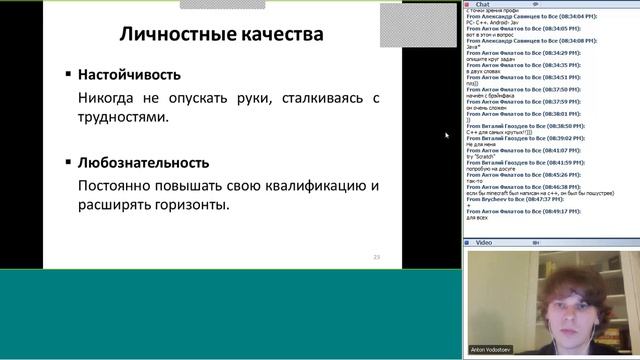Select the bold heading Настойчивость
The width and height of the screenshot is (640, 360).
click(130, 74)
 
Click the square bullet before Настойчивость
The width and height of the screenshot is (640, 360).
click(68, 74)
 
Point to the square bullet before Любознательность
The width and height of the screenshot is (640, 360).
click(68, 162)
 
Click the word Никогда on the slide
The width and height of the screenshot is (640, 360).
click(108, 98)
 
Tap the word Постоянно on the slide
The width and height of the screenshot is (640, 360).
click(117, 186)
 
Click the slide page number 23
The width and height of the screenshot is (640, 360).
click(377, 257)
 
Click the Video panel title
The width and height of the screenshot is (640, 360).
click(484, 242)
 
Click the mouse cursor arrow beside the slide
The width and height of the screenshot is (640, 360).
click(446, 134)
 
